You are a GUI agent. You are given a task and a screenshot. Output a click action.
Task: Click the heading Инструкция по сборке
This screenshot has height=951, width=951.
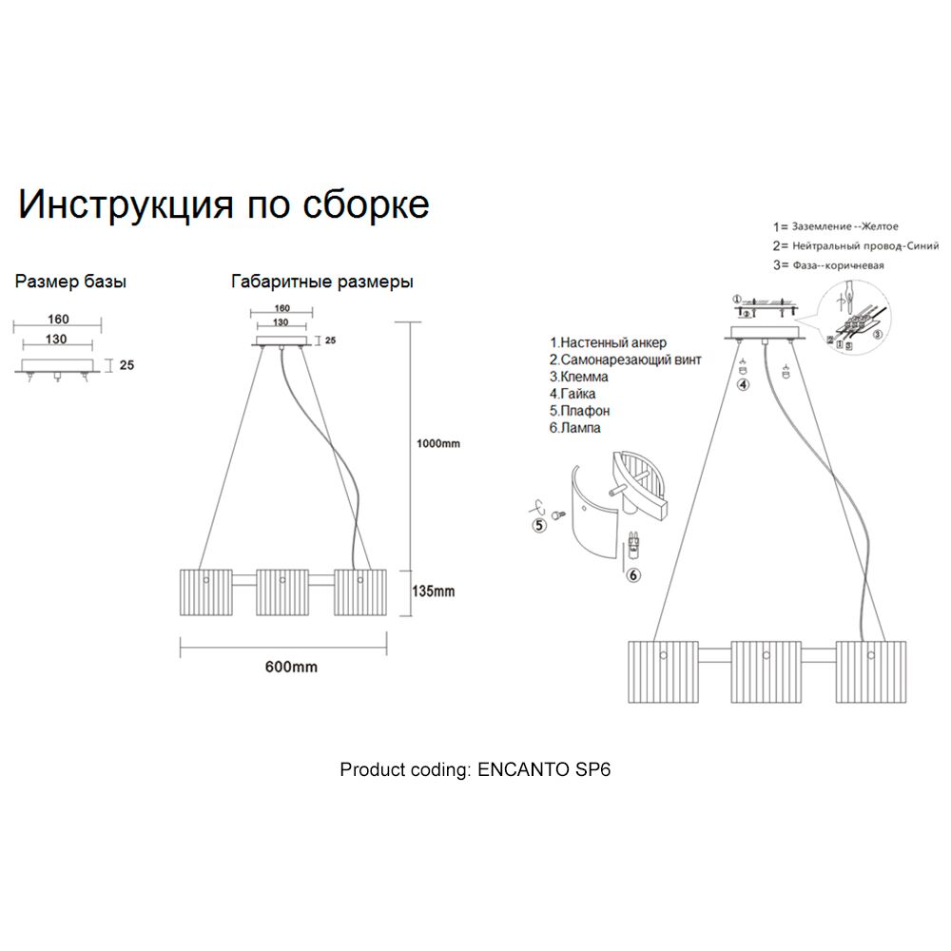(x=224, y=205)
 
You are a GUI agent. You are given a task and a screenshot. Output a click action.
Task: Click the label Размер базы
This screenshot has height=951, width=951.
(x=71, y=282)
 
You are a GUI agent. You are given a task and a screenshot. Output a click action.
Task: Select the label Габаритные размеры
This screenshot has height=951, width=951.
(x=321, y=282)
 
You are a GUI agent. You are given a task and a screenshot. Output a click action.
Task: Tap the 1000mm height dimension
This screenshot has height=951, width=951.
(x=439, y=444)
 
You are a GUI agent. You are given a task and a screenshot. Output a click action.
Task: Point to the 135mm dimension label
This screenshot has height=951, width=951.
(x=433, y=591)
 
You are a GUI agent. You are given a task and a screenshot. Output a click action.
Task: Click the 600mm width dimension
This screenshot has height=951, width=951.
(x=290, y=668)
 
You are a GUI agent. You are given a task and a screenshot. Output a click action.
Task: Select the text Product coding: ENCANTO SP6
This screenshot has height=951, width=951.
(x=475, y=769)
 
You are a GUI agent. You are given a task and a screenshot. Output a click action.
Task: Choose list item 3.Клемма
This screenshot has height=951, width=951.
(x=578, y=377)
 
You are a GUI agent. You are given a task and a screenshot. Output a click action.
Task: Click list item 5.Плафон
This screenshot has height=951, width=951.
(x=579, y=411)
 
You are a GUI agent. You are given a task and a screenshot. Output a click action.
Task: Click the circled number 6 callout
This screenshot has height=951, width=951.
(x=634, y=573)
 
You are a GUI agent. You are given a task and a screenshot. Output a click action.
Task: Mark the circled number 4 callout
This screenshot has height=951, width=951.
(x=743, y=385)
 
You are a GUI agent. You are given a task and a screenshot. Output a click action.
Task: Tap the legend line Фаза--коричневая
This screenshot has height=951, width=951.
(x=828, y=265)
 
